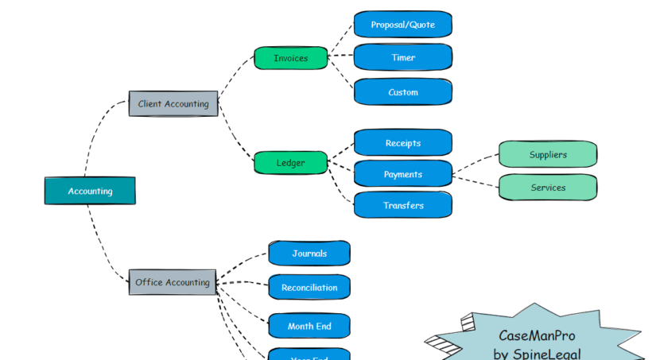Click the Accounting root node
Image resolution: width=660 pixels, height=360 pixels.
[x=90, y=191]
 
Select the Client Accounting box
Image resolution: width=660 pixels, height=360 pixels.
[x=173, y=103]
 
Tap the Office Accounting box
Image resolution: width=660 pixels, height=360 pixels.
[x=173, y=282]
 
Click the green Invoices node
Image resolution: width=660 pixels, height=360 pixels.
[x=290, y=58]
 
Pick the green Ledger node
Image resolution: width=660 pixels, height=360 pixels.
[x=290, y=163]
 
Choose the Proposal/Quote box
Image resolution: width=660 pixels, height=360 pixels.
[x=402, y=25]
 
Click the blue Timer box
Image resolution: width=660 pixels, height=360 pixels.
[x=402, y=58]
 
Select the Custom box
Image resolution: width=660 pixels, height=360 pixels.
[x=402, y=92]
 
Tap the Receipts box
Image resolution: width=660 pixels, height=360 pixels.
[x=402, y=143]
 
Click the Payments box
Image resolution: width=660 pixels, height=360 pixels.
[x=402, y=174]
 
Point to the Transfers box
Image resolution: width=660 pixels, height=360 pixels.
[x=402, y=205]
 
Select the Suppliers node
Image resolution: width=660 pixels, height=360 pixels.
[x=548, y=154]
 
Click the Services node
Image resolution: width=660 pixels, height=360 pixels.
[x=548, y=188]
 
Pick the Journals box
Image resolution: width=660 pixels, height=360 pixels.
[x=309, y=254]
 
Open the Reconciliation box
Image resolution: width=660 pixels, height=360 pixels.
[x=309, y=288]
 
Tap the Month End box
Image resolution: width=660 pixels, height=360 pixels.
[x=309, y=326]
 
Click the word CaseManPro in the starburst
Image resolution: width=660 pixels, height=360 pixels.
[x=536, y=336]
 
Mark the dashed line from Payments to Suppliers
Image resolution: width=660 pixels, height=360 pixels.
[x=476, y=163]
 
